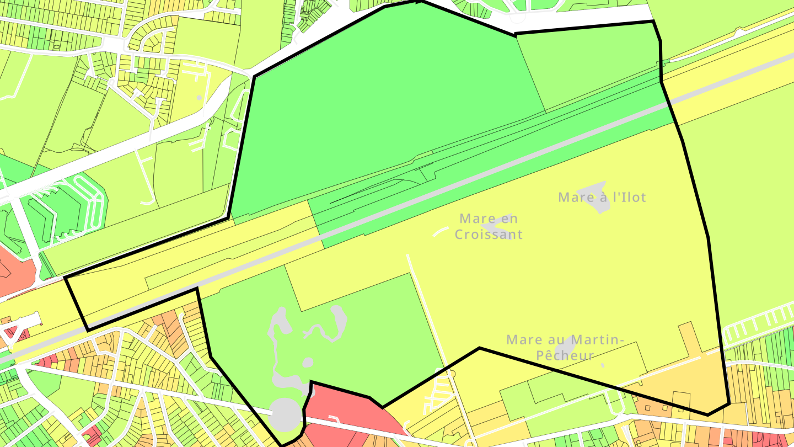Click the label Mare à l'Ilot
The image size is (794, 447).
point(602,197)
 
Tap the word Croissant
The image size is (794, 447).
point(489,235)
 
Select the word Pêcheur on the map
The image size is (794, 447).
point(566,355)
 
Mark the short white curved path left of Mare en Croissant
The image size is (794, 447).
point(440,231)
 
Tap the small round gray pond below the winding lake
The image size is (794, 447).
point(308,362)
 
